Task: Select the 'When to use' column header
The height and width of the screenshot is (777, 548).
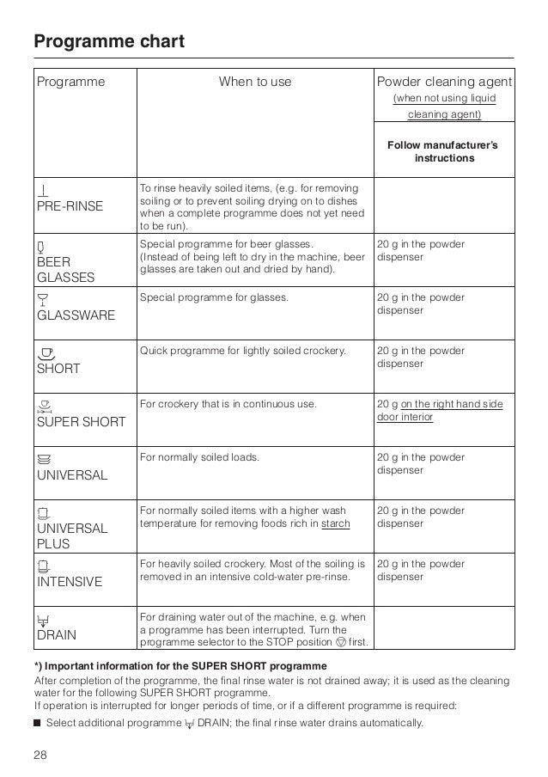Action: [x=255, y=83]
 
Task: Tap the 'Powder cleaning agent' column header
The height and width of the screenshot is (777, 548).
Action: [x=444, y=83]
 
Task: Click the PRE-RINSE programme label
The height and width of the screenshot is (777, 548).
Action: [x=69, y=206]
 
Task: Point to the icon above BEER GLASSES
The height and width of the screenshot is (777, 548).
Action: [x=40, y=245]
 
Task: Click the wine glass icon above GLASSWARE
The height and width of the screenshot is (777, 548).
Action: [x=41, y=298]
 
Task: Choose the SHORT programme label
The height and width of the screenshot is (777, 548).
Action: [x=58, y=369]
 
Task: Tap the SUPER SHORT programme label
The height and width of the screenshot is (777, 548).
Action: [x=80, y=422]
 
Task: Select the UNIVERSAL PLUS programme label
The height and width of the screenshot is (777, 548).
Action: [x=71, y=535]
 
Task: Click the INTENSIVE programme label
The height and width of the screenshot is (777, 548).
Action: [x=69, y=582]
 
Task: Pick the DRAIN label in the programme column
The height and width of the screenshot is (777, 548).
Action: [x=55, y=635]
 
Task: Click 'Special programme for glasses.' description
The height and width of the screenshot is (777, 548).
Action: [x=213, y=297]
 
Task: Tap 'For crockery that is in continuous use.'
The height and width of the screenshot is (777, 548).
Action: [x=228, y=404]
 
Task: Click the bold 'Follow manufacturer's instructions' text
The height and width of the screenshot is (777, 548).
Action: [x=443, y=152]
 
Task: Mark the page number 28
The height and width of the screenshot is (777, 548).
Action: [x=41, y=754]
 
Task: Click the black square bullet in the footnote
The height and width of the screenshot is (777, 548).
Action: [x=38, y=722]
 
